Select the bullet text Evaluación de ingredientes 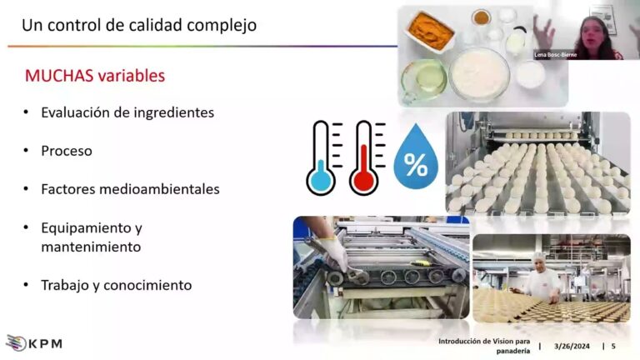point(127,112)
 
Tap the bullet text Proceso point(67,151)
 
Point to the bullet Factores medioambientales point(130,189)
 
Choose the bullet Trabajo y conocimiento point(117,285)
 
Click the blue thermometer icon point(321,157)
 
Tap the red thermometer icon point(364,157)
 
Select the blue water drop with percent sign point(415,158)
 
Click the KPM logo point(34,342)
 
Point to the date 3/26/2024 point(572,346)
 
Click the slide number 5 point(613,346)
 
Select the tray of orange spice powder point(431,32)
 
